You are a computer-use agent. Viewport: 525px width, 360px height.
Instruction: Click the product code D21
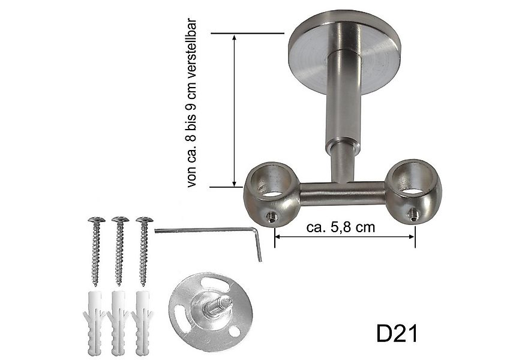[x=397, y=334]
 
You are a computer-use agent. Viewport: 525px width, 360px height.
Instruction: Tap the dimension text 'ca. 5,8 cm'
[x=340, y=227]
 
